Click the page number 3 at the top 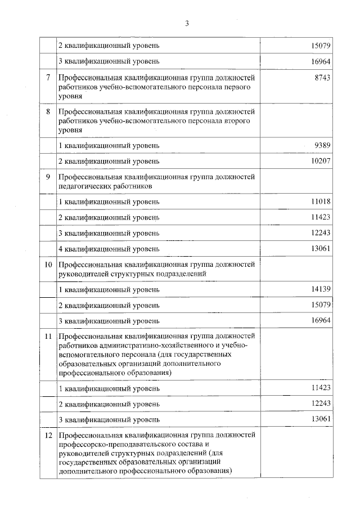point(187,23)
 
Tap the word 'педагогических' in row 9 point(84,186)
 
